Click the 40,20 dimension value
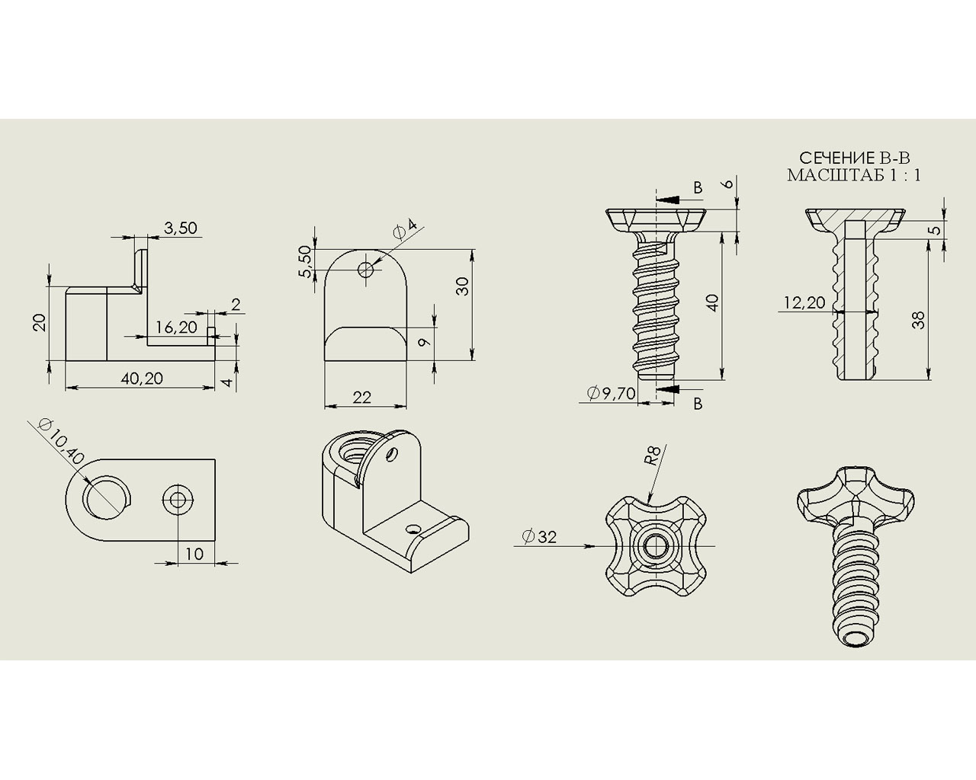[142, 379]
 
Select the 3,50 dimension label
[181, 228]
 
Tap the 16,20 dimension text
[176, 327]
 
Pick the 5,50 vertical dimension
[306, 261]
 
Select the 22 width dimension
[361, 398]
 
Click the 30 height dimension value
[462, 286]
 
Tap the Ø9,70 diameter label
[611, 393]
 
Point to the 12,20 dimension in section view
[804, 302]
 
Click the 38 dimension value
[917, 320]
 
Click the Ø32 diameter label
[539, 537]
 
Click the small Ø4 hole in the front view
[365, 270]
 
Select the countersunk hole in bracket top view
[178, 500]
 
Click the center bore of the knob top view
[653, 546]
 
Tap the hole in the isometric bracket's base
[413, 529]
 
